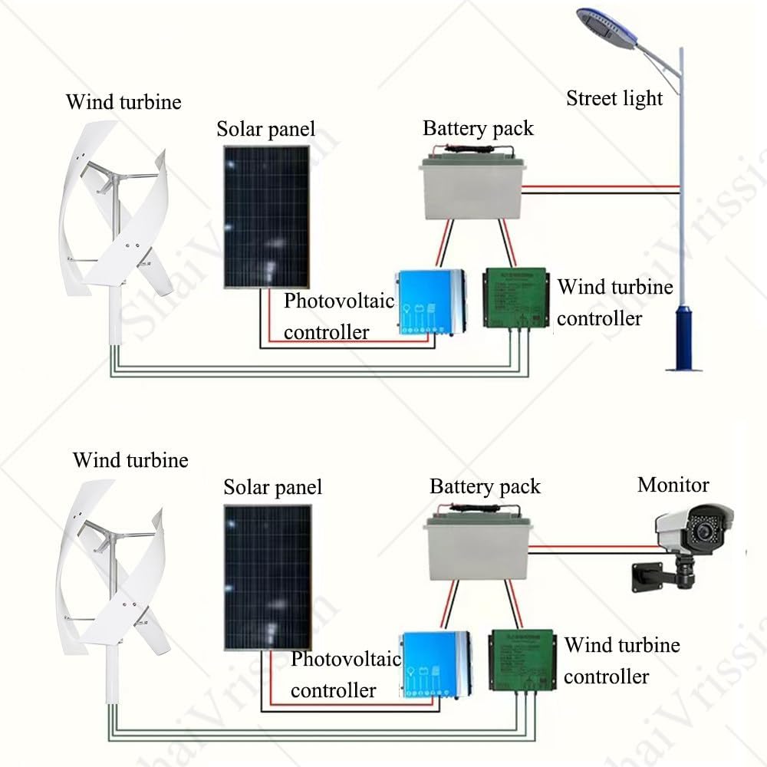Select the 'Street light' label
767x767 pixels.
click(x=614, y=98)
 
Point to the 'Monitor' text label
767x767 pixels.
click(x=673, y=485)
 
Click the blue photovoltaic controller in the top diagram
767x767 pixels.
click(x=430, y=305)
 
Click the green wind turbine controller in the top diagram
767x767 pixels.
click(x=515, y=300)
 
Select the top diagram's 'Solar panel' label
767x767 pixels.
click(x=265, y=129)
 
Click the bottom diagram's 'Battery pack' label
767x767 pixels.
click(x=485, y=487)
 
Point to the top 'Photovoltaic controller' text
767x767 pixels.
click(x=338, y=316)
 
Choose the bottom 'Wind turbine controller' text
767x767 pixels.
click(x=621, y=660)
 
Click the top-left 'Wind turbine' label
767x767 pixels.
click(x=123, y=102)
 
